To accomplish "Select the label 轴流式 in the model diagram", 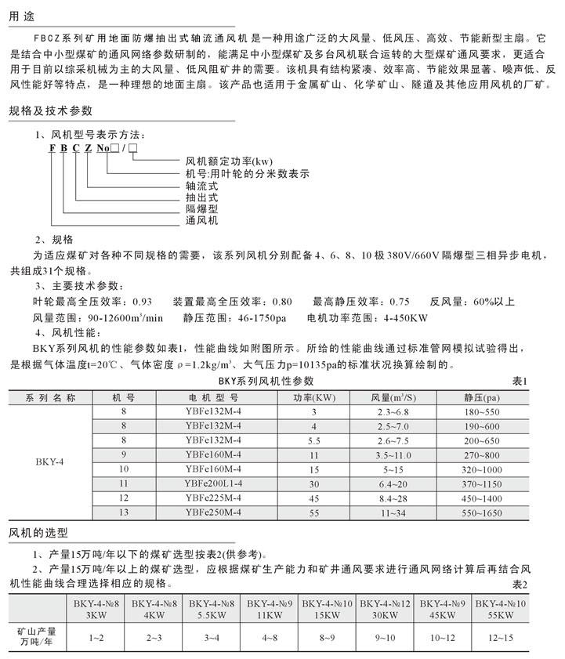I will (x=201, y=186).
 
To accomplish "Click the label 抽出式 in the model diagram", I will (x=201, y=197).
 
